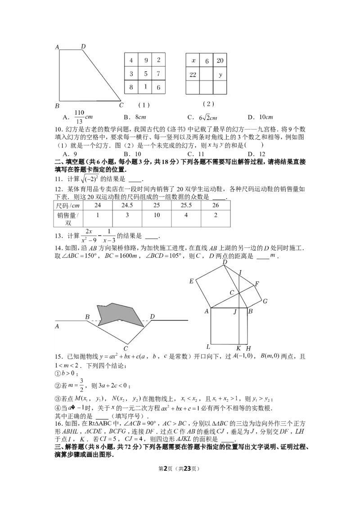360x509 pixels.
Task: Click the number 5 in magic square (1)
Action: pos(145,74)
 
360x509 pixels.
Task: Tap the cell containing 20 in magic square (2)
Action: pos(220,60)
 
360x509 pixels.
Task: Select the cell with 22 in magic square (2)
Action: pos(193,74)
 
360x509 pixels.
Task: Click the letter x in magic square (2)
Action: pos(193,61)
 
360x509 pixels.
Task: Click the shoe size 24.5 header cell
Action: pos(127,205)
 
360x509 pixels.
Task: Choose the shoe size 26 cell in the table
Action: pos(216,205)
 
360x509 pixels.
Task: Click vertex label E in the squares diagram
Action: pos(191,281)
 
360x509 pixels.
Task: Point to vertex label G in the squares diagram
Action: pos(265,301)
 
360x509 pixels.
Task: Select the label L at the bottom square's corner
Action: pos(208,347)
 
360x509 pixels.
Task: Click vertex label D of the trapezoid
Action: pos(83,46)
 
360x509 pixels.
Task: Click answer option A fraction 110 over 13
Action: pos(83,117)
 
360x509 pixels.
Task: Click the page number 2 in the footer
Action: pos(165,469)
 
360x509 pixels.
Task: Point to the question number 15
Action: pos(58,357)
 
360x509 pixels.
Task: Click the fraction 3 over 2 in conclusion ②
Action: pos(81,385)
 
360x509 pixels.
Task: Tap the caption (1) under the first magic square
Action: pos(144,105)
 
